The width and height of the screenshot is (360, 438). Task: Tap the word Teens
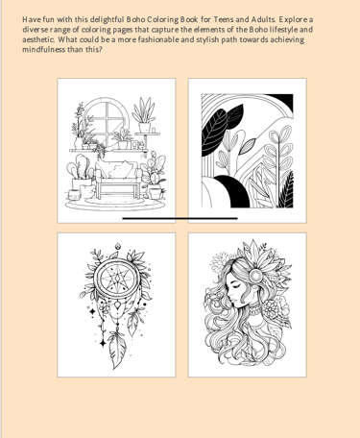tap(224, 19)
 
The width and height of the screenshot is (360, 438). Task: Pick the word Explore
tap(293, 20)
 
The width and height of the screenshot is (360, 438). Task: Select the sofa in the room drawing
tap(118, 179)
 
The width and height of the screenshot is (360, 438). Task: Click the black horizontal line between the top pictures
tap(180, 218)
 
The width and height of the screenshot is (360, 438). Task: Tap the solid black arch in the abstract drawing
tap(232, 190)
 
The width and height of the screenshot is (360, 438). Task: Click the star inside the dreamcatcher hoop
tap(117, 279)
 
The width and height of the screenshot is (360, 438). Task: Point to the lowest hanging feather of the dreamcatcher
tap(117, 351)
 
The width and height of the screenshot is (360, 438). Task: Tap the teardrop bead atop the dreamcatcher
tap(118, 246)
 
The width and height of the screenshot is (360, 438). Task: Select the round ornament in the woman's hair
tap(255, 276)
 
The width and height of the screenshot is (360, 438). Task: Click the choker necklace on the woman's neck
tap(254, 308)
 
